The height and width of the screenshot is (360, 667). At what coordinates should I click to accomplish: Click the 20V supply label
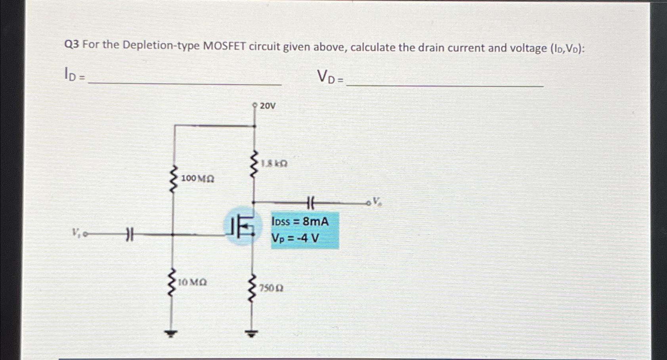(268, 106)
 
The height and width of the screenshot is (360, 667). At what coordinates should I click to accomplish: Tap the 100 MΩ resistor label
(197, 179)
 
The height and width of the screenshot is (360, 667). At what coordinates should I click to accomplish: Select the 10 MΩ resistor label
(192, 283)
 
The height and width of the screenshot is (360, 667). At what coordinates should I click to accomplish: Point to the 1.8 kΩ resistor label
(274, 163)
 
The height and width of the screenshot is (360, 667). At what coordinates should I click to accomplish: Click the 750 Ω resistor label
(271, 288)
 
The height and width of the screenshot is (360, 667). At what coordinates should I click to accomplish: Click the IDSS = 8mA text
(300, 221)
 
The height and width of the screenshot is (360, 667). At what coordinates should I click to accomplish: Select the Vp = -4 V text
(295, 239)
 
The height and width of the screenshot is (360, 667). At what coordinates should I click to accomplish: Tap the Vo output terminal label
(377, 201)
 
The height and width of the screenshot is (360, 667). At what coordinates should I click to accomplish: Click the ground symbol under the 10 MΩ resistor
(171, 334)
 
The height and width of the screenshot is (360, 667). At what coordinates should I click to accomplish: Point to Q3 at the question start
(72, 44)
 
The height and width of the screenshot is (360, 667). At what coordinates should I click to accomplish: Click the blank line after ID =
(185, 84)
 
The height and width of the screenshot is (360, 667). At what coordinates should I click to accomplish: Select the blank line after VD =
(445, 85)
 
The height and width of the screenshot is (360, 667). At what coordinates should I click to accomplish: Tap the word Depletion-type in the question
(161, 46)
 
